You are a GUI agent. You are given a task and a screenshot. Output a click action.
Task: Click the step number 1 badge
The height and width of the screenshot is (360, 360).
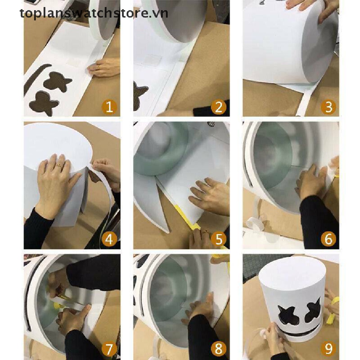(109, 107)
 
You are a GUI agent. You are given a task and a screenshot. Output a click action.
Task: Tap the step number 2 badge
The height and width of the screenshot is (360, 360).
(219, 107)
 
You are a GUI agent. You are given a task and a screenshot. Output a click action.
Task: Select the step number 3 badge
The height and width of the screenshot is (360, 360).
(328, 107)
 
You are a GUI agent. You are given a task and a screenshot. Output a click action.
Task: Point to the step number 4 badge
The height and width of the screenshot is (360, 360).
(109, 239)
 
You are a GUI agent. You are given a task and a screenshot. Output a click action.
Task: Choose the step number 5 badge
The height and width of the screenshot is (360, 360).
(219, 239)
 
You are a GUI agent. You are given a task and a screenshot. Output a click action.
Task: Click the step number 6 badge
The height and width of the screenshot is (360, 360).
(328, 239)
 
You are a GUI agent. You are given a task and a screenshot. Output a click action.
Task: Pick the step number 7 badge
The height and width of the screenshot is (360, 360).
(109, 348)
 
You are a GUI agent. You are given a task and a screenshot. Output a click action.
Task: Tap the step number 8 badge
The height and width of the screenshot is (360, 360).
(219, 348)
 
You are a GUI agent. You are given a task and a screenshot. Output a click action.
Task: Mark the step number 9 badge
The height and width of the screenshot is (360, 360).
(328, 348)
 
